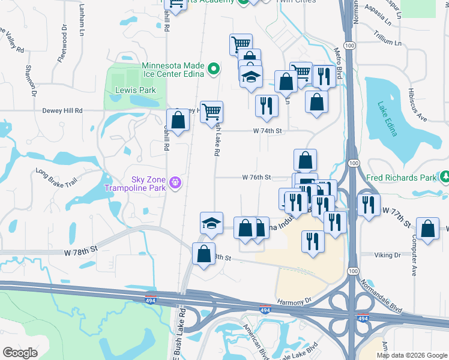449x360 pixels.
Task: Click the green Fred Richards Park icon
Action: [445, 178]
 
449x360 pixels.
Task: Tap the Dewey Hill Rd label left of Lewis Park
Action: [62, 110]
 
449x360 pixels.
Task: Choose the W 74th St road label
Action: [267, 130]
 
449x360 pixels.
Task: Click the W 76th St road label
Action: [258, 177]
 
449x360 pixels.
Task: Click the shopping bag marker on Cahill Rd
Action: [178, 120]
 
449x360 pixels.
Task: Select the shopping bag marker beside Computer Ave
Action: [427, 229]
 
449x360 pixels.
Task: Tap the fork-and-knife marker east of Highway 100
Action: [369, 204]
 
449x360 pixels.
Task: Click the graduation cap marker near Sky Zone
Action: [211, 223]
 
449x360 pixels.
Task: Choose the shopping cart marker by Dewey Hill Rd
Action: [211, 111]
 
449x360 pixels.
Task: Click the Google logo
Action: [20, 353]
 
